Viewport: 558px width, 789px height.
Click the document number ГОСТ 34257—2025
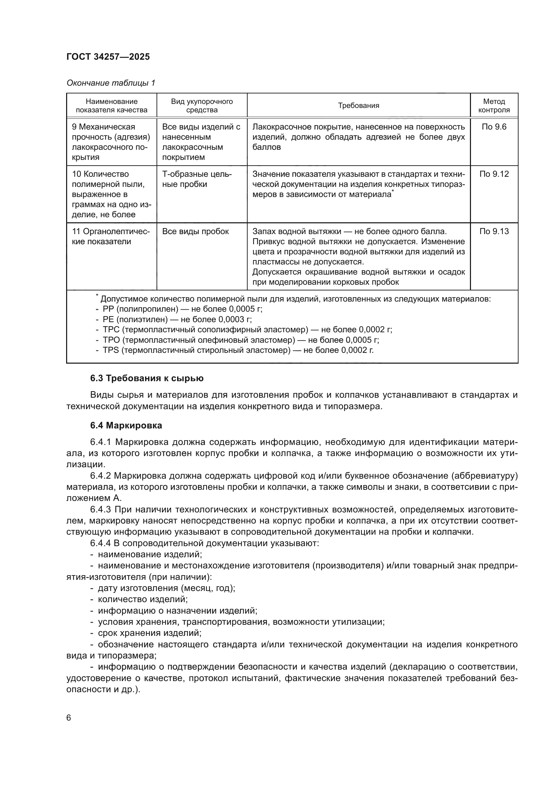(x=108, y=57)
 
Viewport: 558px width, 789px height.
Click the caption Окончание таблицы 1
(x=111, y=83)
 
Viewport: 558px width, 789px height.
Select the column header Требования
(x=358, y=106)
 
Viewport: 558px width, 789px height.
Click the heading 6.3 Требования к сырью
(x=147, y=378)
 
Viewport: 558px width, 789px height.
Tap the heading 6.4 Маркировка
(x=126, y=425)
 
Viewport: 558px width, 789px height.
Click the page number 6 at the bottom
(x=69, y=718)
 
